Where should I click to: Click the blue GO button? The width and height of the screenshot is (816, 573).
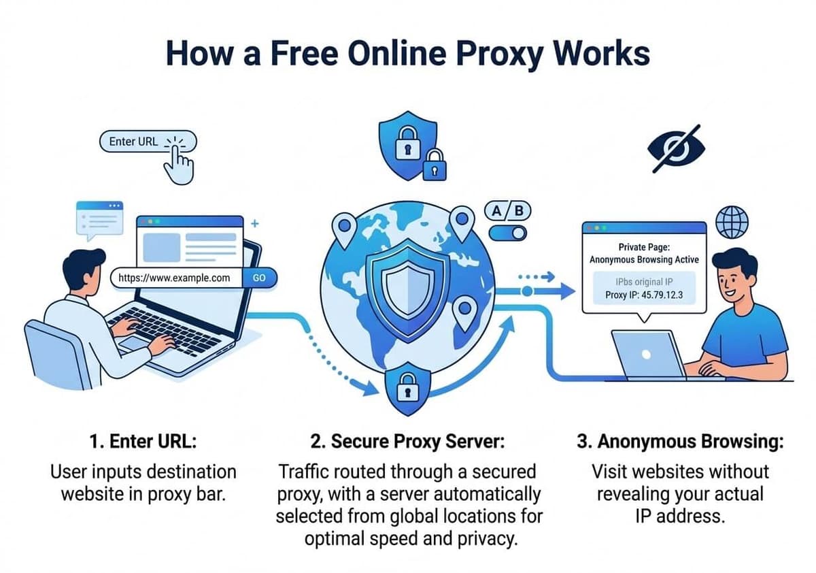tap(259, 278)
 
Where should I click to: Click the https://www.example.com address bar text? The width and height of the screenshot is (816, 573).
tap(174, 278)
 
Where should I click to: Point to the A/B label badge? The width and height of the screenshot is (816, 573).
tap(507, 210)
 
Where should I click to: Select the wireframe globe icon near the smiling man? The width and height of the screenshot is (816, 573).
tap(732, 221)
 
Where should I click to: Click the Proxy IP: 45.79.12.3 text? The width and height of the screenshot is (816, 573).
tap(643, 295)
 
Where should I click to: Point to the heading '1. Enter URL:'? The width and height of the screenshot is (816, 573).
tap(143, 441)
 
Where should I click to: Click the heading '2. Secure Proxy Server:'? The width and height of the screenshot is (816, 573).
tap(408, 441)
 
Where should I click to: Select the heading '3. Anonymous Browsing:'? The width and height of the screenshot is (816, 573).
tap(680, 441)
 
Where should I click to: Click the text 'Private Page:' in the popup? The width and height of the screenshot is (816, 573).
tap(644, 247)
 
